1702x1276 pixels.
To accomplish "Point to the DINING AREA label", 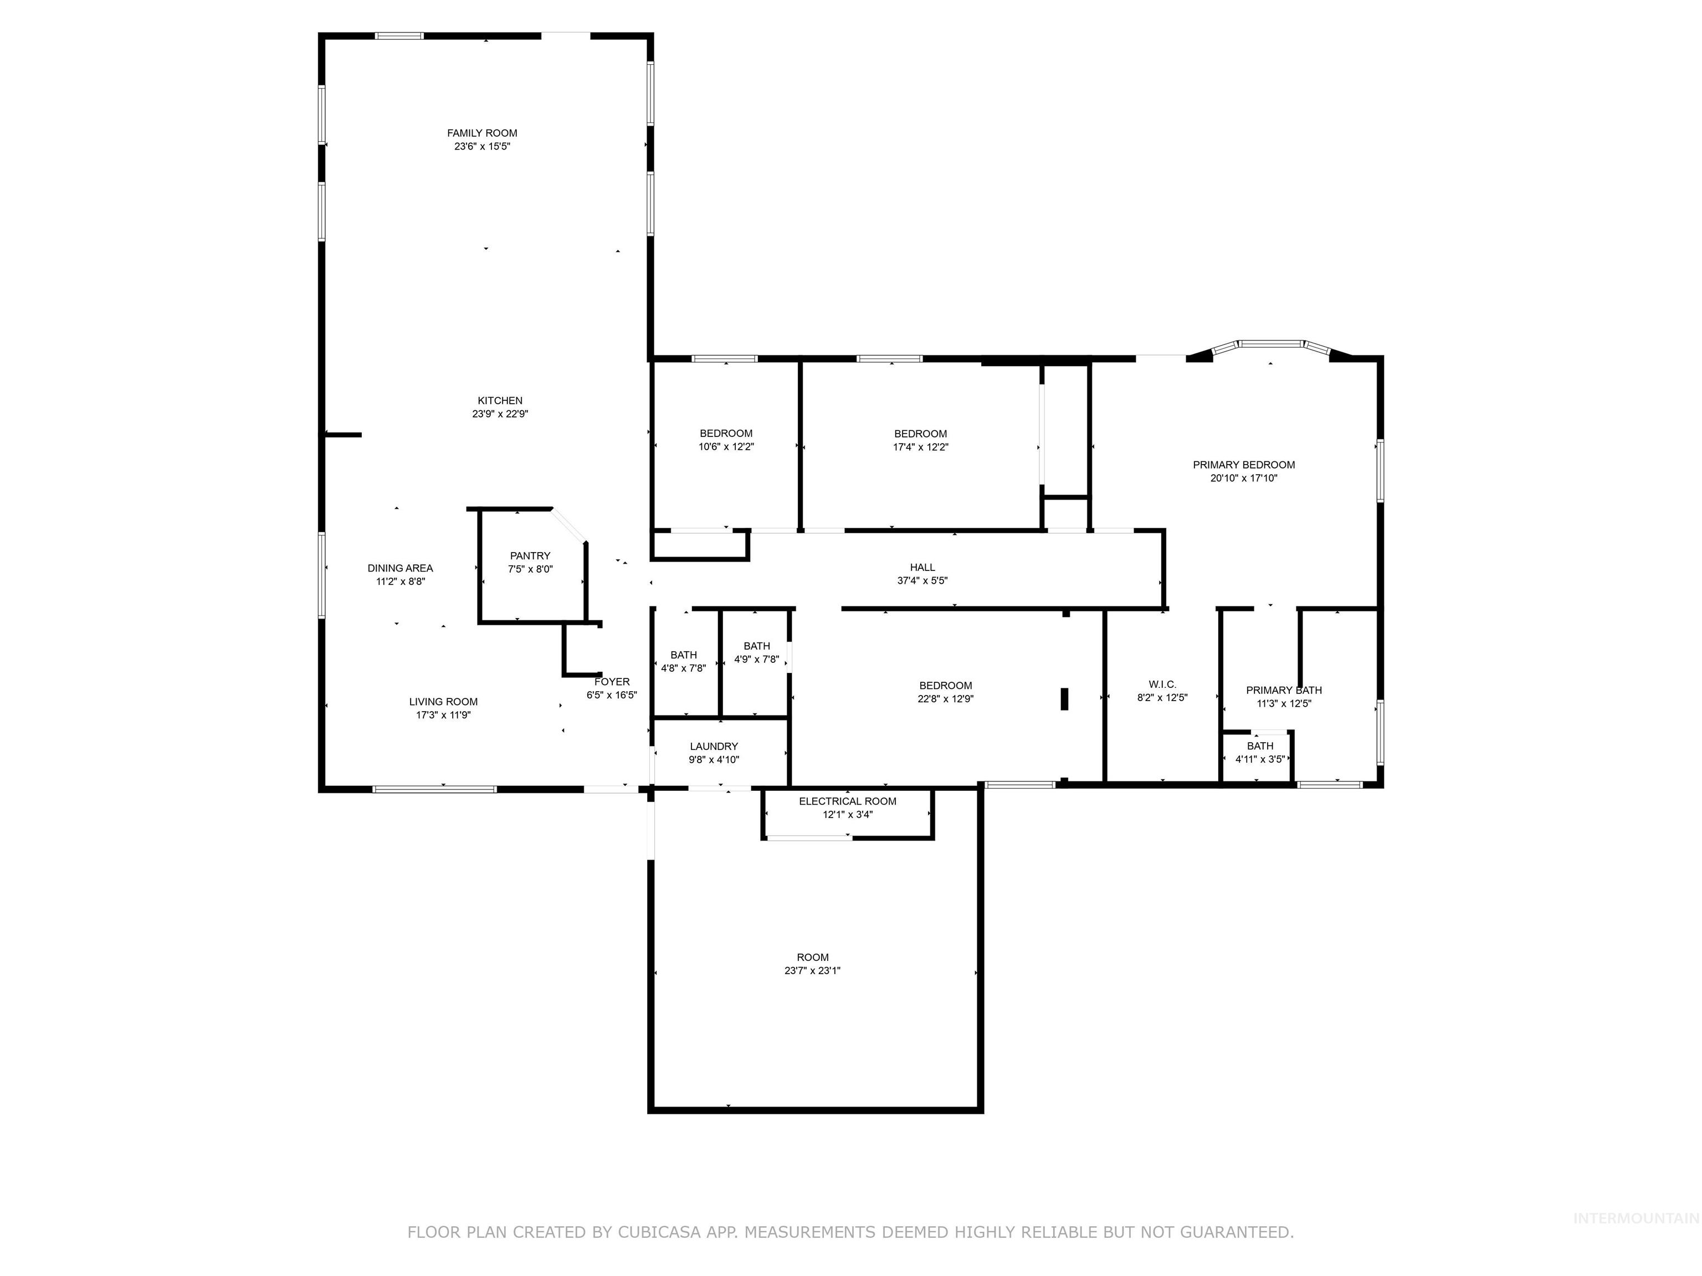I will pyautogui.click(x=399, y=568).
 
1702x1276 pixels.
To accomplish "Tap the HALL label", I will pyautogui.click(x=922, y=568).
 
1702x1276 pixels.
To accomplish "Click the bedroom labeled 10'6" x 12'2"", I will pyautogui.click(x=726, y=440).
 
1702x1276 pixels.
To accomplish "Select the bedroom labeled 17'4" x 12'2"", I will pyautogui.click(x=920, y=440).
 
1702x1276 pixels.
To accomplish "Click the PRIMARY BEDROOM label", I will pyautogui.click(x=1243, y=465).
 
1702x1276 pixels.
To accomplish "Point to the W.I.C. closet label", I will pyautogui.click(x=1162, y=685).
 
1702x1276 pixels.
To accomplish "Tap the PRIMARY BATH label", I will pyautogui.click(x=1283, y=690).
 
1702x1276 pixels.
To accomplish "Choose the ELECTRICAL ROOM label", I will pyautogui.click(x=847, y=801).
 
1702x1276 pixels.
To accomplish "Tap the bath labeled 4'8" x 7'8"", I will pyautogui.click(x=683, y=661).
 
